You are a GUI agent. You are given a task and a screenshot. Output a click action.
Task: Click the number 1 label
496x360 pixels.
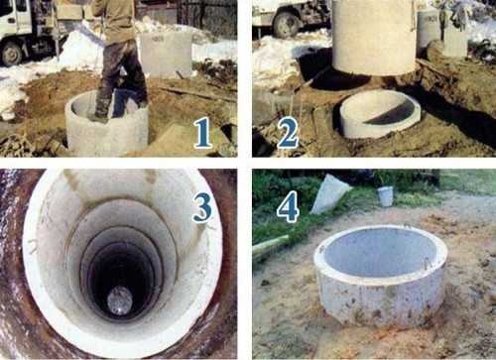pos(202,133)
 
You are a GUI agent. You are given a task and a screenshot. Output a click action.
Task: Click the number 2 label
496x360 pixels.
pos(288,133)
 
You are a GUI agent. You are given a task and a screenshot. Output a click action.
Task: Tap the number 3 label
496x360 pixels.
pos(202,207)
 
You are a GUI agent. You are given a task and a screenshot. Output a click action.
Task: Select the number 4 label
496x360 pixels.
pos(288,208)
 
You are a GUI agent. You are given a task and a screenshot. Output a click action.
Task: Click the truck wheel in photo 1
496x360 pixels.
pos(11,54)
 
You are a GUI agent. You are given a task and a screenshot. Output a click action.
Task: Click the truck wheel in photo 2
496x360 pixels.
pos(286,25)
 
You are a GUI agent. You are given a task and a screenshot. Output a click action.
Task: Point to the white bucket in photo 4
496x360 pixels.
pos(386,195)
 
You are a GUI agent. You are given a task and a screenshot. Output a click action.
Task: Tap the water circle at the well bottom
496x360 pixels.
pos(120,300)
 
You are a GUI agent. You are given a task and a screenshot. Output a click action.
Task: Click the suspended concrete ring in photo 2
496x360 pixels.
pos(375,38)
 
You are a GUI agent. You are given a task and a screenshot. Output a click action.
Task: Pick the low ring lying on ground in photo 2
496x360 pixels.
pos(380,114)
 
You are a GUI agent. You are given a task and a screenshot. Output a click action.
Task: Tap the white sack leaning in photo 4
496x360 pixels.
pos(330,194)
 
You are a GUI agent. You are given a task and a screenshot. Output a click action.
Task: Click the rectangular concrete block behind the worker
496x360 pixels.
pos(166,55)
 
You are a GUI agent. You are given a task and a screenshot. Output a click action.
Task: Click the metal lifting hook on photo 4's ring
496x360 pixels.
pos(427,264)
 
